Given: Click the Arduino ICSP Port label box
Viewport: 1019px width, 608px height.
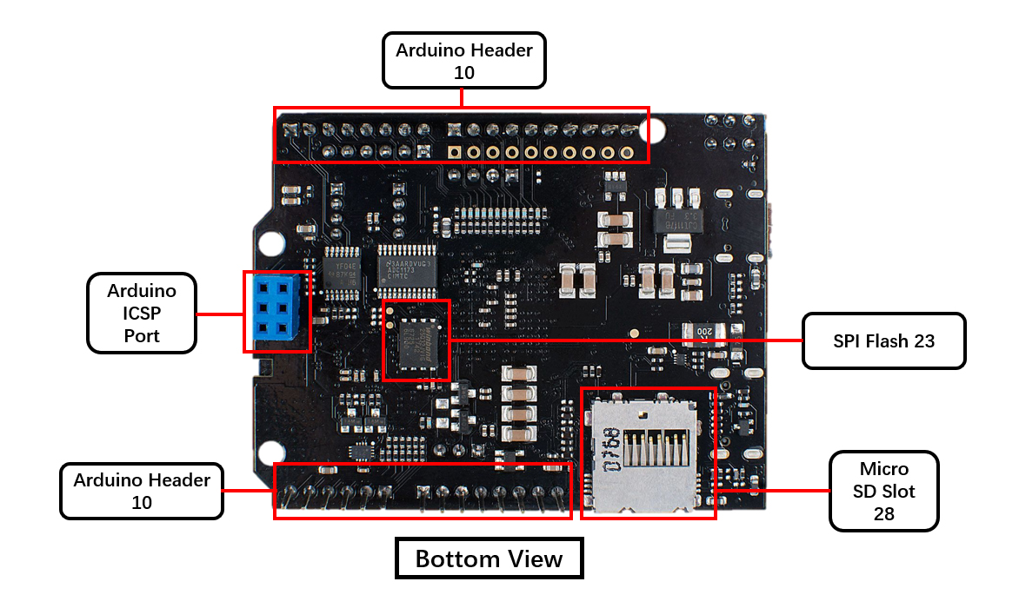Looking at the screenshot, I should pyautogui.click(x=142, y=313).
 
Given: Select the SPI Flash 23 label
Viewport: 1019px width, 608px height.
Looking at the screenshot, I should pyautogui.click(x=883, y=341).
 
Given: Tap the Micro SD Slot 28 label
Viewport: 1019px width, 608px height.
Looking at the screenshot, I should pyautogui.click(x=883, y=491).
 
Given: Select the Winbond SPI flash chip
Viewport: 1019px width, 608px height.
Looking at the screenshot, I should pyautogui.click(x=416, y=340).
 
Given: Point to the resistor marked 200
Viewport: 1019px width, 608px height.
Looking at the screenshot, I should pyautogui.click(x=705, y=331).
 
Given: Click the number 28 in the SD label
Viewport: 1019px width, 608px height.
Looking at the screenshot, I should pyautogui.click(x=883, y=514).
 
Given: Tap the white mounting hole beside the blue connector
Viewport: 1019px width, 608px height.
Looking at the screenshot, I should pyautogui.click(x=270, y=243).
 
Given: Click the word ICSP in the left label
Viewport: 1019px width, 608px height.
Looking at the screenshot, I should pyautogui.click(x=142, y=313).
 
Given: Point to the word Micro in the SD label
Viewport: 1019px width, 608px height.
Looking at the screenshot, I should pyautogui.click(x=883, y=468).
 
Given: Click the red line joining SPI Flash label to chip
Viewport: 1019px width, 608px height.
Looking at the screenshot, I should pyautogui.click(x=626, y=340).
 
